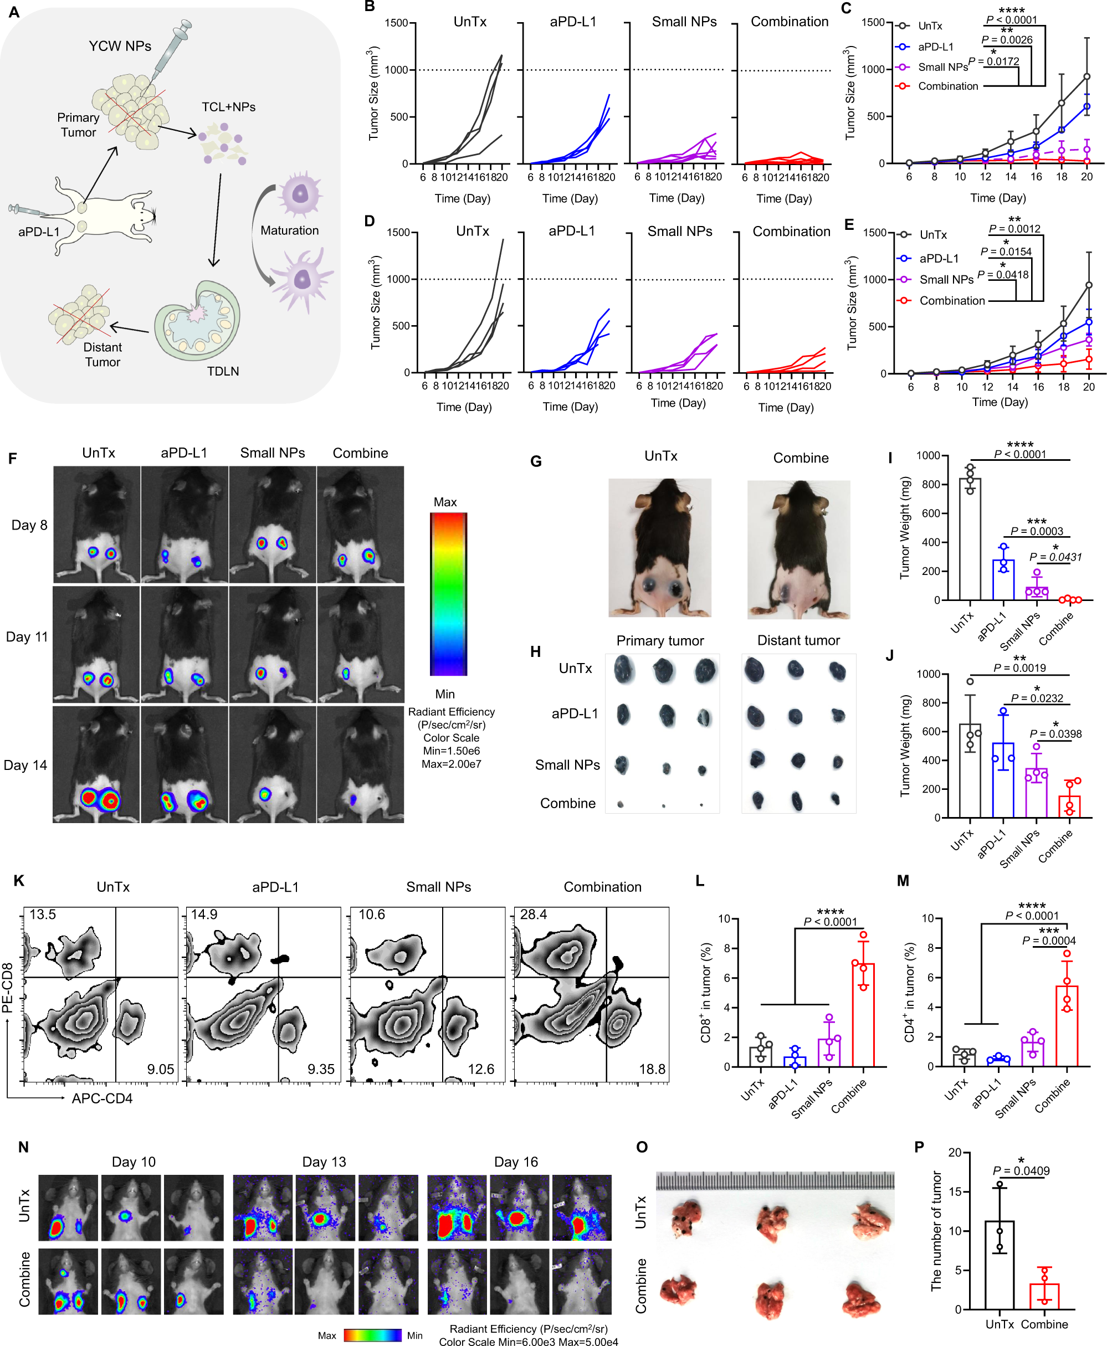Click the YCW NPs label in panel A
[x=120, y=46]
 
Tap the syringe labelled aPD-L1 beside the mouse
[x=24, y=210]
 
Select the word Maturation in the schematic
[x=290, y=230]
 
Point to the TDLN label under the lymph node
[x=223, y=371]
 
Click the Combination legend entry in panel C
[x=947, y=86]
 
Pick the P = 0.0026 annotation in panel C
[x=1007, y=39]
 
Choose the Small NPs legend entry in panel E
[x=946, y=279]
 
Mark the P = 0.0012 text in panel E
[x=1014, y=228]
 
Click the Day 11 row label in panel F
[x=27, y=636]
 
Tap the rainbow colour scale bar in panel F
[x=448, y=594]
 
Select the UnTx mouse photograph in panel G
[x=659, y=547]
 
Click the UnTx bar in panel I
[x=970, y=539]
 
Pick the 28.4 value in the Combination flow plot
[x=533, y=915]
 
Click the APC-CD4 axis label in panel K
[x=102, y=1098]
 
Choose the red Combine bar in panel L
[x=863, y=1014]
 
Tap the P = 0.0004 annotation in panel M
[x=1049, y=941]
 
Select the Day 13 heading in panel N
[x=324, y=1162]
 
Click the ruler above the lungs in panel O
[x=775, y=1180]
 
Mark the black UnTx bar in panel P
[x=999, y=1265]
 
